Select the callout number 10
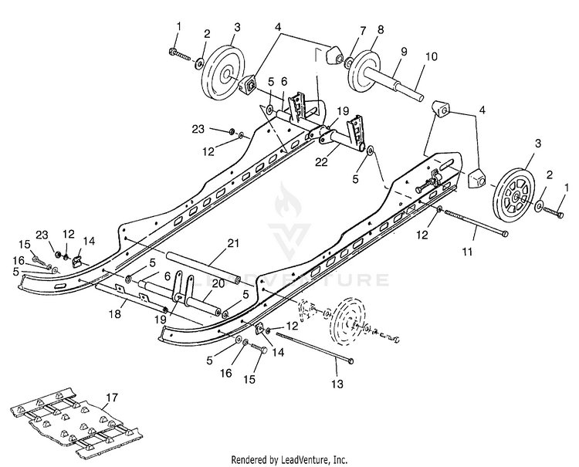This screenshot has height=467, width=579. (431, 56)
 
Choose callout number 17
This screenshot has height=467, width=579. (112, 398)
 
